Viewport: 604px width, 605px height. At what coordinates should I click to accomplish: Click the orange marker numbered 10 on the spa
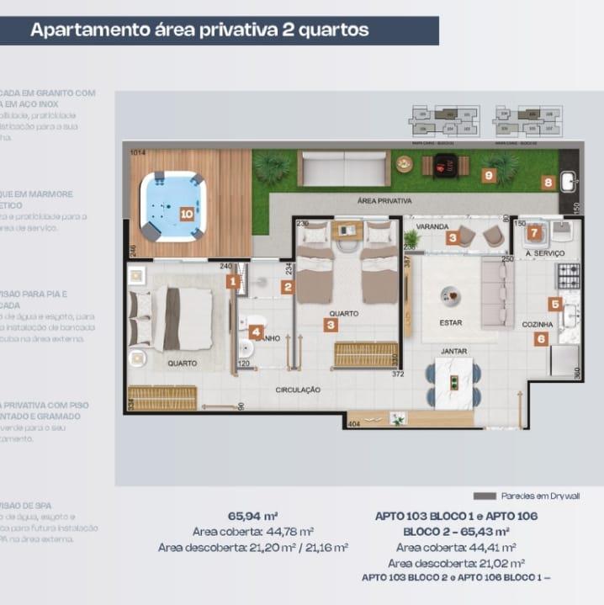187,214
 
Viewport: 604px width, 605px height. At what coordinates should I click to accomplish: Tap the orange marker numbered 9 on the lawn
488,175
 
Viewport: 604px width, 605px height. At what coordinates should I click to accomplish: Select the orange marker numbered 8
548,182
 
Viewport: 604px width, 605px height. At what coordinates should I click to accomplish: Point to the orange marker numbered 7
533,233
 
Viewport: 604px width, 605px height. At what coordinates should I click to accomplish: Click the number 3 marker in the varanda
453,238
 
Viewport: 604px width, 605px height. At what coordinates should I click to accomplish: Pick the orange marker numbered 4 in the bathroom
256,332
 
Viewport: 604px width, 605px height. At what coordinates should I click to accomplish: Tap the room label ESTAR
451,322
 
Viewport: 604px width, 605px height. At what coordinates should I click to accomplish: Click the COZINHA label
538,324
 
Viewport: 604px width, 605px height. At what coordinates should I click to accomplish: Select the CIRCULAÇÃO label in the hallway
299,390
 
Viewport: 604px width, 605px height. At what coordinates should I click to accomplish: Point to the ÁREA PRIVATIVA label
384,201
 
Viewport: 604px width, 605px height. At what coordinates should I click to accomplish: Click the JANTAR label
454,351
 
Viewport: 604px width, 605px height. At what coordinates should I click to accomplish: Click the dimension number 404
354,425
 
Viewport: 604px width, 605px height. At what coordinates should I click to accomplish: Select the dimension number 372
398,374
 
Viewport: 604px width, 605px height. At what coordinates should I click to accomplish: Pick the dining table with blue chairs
454,384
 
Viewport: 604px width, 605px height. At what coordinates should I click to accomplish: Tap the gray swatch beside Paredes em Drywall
485,496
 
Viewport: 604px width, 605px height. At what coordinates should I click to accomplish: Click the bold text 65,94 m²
252,516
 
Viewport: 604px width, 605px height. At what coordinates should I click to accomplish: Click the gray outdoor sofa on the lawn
344,167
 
